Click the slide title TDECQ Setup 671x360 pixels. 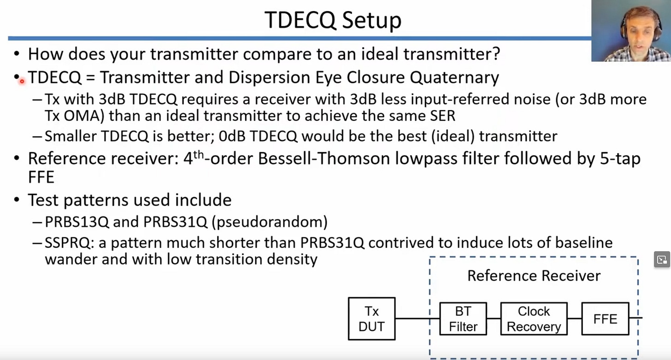333,20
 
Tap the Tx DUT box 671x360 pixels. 371,319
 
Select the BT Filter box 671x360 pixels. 463,319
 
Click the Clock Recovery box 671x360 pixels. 534,319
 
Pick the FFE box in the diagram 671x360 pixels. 605,319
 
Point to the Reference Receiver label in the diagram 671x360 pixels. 534,276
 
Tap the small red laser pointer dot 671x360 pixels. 22,81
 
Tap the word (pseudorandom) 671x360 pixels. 270,222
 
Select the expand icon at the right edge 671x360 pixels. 662,260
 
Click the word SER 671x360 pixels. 441,115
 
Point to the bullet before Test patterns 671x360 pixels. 17,201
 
